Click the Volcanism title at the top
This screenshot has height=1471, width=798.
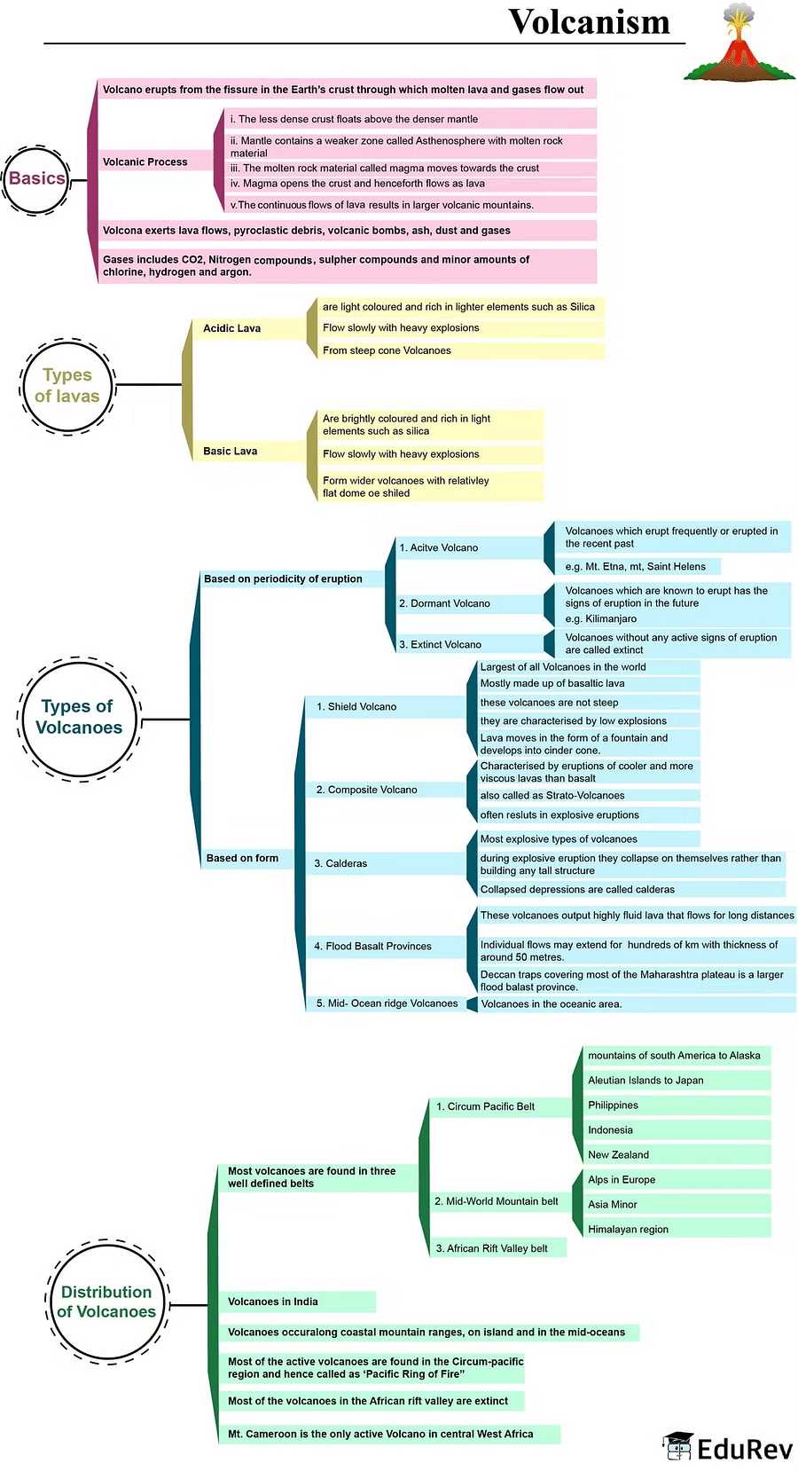click(x=589, y=22)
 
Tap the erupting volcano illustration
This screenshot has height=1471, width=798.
click(x=739, y=44)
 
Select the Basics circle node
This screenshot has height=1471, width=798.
click(x=36, y=179)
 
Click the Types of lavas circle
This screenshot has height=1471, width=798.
click(x=67, y=386)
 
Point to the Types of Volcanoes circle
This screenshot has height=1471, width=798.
click(x=79, y=718)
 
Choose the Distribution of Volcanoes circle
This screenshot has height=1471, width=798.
click(x=106, y=1302)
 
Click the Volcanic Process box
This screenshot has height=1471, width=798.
click(x=145, y=161)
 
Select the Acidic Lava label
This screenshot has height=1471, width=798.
click(x=232, y=328)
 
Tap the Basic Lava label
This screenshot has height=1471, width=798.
click(x=231, y=451)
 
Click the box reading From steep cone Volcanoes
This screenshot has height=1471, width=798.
click(x=387, y=350)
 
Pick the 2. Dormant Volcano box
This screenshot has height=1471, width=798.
click(x=445, y=603)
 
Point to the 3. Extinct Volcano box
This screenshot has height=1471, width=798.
click(x=441, y=644)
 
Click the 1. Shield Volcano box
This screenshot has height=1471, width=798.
click(x=356, y=706)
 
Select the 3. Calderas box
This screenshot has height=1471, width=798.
click(x=340, y=863)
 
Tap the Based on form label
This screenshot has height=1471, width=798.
click(x=242, y=858)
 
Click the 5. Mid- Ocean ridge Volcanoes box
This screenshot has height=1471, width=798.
click(x=387, y=1003)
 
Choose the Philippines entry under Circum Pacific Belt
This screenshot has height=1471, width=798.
click(x=614, y=1105)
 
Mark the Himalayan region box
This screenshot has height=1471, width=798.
click(x=629, y=1229)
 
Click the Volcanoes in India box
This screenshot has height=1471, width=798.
click(x=273, y=1302)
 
